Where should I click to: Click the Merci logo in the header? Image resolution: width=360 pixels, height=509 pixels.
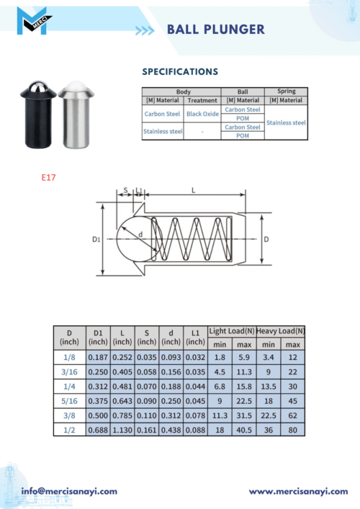[34, 21]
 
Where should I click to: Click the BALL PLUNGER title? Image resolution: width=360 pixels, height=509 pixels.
[216, 30]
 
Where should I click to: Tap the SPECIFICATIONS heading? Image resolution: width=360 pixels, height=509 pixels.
[180, 72]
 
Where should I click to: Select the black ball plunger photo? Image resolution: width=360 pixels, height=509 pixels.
[38, 114]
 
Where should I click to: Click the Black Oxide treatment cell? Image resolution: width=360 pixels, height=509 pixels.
[202, 114]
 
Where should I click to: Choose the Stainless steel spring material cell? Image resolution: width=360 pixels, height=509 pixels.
[286, 122]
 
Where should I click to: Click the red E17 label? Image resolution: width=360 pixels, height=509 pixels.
[48, 177]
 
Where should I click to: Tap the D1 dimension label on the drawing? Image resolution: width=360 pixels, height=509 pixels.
[96, 239]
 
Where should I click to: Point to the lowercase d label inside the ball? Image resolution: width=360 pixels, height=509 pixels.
[140, 235]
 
